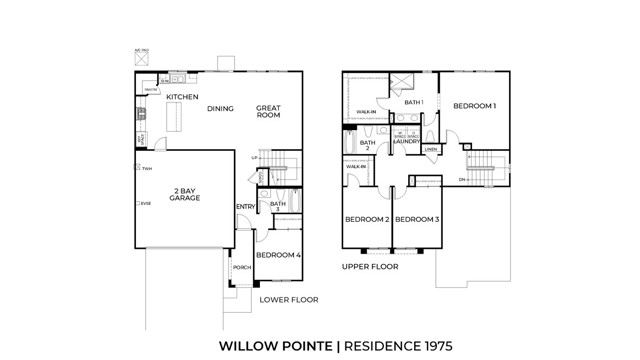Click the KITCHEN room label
tap(183, 97)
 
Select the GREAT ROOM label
tap(268, 111)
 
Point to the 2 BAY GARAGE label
tap(185, 194)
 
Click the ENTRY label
tap(245, 207)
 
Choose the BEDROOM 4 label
tap(278, 255)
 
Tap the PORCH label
tap(241, 268)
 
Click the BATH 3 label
tap(278, 207)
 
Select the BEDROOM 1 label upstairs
tap(474, 105)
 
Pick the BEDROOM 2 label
tap(366, 219)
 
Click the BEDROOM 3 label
tap(417, 219)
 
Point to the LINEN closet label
tap(430, 150)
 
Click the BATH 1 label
tap(414, 102)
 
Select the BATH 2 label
tap(367, 146)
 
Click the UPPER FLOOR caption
tap(370, 267)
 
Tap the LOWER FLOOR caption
tap(289, 299)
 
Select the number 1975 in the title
tap(432, 345)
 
